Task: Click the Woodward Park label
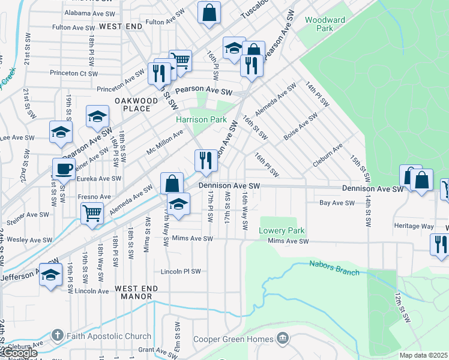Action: pos(325,24)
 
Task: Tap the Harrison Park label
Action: pos(201,119)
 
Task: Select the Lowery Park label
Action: pos(282,230)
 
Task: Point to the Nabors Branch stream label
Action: pos(334,268)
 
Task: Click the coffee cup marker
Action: pos(64,169)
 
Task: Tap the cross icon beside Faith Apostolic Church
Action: pos(57,335)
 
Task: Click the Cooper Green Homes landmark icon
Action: pos(282,340)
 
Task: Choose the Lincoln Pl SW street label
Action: pos(181,271)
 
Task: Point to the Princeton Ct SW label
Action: pos(74,74)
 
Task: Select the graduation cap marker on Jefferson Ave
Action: pos(51,274)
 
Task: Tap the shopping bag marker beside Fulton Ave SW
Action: pos(209,12)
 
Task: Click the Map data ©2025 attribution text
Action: pos(424,355)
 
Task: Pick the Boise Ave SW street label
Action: pos(300,128)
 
